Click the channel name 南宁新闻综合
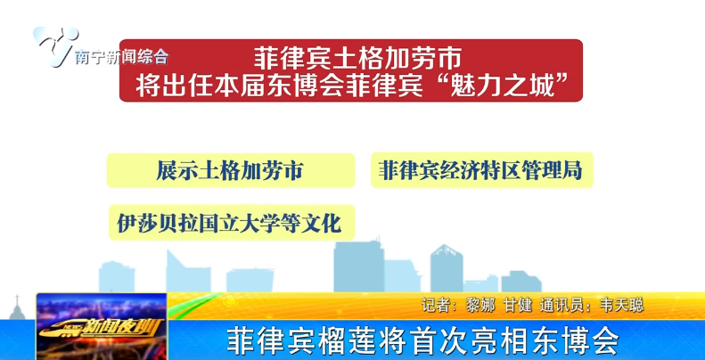click(x=122, y=58)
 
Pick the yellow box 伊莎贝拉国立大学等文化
click(x=229, y=222)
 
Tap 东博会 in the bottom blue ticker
click(x=576, y=340)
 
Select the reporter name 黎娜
click(x=481, y=305)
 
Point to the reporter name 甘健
click(x=521, y=305)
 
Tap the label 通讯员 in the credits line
click(x=567, y=305)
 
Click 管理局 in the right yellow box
click(x=557, y=169)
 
